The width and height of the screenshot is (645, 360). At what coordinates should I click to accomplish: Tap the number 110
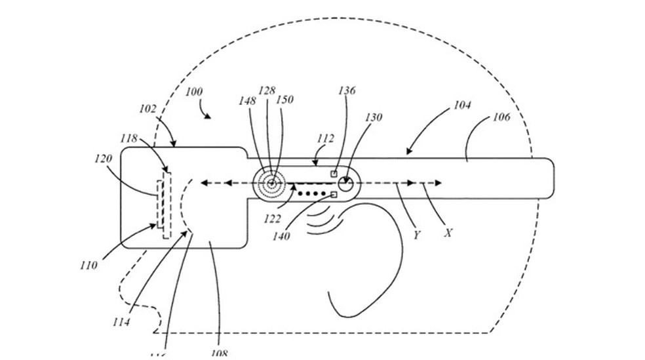[88, 266]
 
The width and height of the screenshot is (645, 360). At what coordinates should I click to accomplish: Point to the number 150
[285, 100]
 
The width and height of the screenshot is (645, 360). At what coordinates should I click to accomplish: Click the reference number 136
[347, 90]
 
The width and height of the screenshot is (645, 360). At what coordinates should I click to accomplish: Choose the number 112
[324, 138]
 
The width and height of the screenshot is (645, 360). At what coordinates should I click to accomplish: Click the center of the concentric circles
[271, 184]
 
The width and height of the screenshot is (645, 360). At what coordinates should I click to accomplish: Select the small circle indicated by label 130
[345, 184]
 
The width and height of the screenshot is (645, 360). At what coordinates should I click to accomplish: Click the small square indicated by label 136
[334, 174]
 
